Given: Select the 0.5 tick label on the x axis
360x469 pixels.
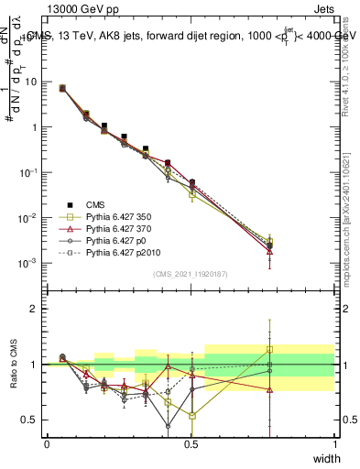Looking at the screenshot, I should (191, 443).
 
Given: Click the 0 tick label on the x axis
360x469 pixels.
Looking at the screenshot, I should (47, 443).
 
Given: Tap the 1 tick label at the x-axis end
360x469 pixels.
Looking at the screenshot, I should (334, 443).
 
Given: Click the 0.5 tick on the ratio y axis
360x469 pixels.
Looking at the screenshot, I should (28, 420).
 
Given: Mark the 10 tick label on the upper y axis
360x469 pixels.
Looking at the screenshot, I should (30, 82).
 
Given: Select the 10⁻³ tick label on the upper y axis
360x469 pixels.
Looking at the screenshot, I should (28, 263).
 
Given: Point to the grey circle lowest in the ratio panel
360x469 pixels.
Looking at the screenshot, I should (168, 425).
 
